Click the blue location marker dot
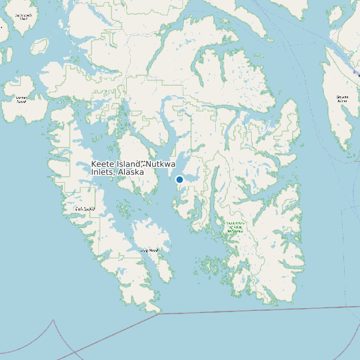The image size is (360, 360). coord(179,179)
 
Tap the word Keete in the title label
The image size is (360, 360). coord(104,164)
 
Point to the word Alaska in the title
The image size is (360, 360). coord(130,172)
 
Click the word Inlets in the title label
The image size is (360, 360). coord(102,172)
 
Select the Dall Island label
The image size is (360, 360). coord(85,209)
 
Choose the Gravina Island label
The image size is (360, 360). coord(342,99)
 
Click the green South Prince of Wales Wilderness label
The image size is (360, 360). coord(235,227)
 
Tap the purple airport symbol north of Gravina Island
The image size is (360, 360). coord(354,72)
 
